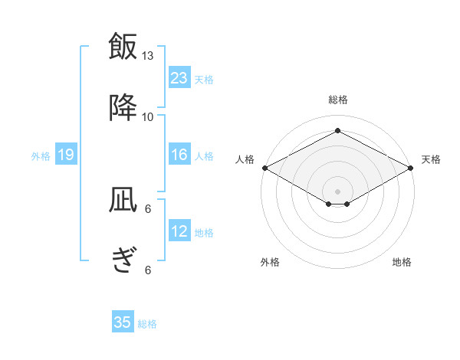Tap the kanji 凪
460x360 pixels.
tap(123, 201)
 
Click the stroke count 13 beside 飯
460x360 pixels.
tap(148, 56)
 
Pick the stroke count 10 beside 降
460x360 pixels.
tap(148, 116)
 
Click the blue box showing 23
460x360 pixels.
tap(179, 77)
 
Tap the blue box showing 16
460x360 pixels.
tap(179, 155)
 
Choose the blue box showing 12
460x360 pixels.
tap(179, 231)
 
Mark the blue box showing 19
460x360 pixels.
tap(65, 155)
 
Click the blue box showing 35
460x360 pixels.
tap(123, 322)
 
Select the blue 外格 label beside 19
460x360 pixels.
tap(41, 156)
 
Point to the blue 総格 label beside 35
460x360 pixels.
tap(147, 324)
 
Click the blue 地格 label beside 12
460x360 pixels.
tap(204, 233)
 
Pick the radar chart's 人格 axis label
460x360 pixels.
tap(244, 159)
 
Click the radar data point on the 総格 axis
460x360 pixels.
tap(337, 131)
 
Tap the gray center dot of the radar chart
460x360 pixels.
tap(337, 190)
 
